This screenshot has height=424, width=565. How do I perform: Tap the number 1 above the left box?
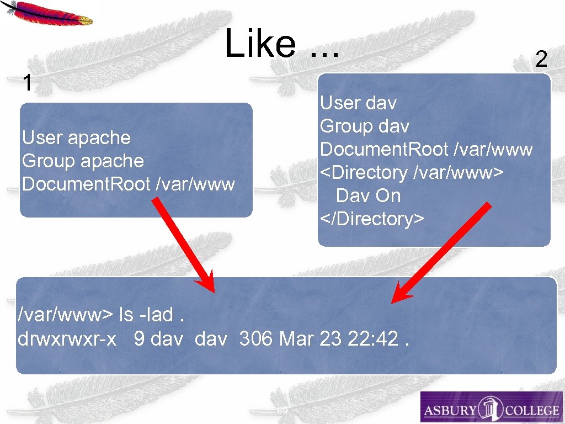tap(26, 83)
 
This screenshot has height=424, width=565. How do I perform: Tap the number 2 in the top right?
tap(541, 59)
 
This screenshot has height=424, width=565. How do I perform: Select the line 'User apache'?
tap(76, 137)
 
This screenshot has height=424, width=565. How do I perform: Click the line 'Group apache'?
tap(83, 161)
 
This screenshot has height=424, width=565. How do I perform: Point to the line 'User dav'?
tap(358, 103)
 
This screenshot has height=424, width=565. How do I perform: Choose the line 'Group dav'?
tap(365, 126)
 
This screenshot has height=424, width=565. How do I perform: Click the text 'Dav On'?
tap(368, 195)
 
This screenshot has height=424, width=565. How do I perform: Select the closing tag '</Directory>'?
tap(372, 219)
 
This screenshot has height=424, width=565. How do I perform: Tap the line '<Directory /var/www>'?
tap(412, 172)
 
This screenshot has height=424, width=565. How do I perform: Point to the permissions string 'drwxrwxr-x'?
tap(67, 338)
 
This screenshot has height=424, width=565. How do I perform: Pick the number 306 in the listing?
tap(257, 338)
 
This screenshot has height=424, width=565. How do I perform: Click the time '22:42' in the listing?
tap(373, 338)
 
